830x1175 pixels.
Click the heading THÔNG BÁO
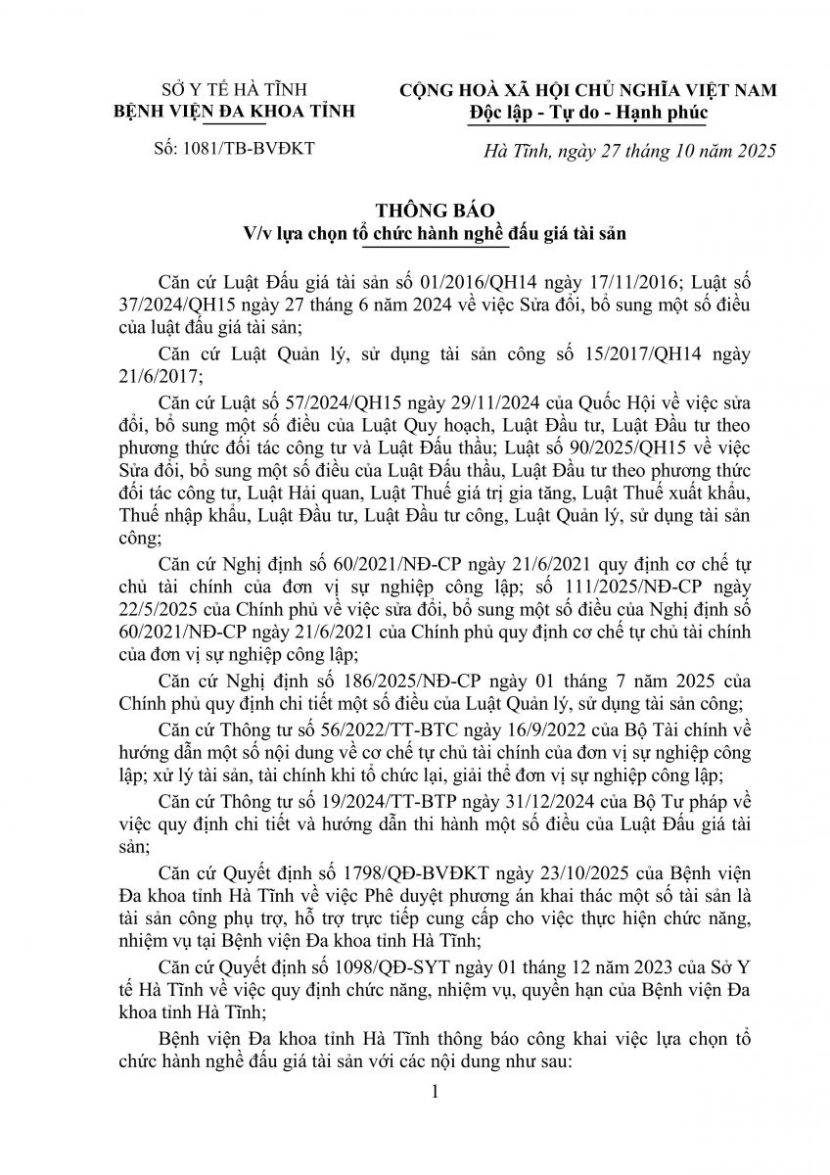[x=415, y=211]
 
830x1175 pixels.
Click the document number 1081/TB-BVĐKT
[x=250, y=150]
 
